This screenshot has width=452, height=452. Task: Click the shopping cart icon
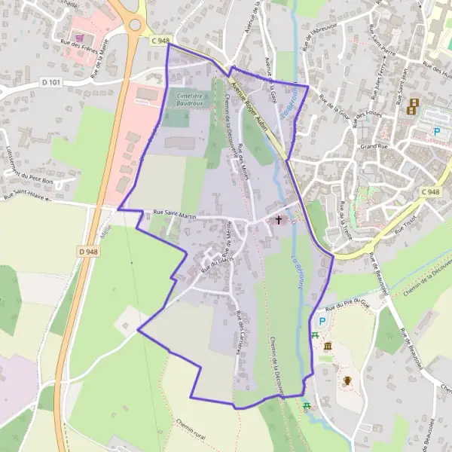(x=79, y=37)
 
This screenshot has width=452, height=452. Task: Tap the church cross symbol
(x=279, y=220)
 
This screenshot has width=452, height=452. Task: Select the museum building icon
(x=328, y=345)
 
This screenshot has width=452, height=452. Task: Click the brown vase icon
(x=347, y=380)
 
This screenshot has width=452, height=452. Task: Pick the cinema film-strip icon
(x=413, y=107)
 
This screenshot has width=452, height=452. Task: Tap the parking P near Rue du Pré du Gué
(x=322, y=322)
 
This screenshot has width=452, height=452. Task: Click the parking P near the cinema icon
(x=438, y=131)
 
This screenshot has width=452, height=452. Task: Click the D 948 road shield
(x=88, y=252)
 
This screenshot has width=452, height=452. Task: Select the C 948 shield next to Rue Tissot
(x=430, y=193)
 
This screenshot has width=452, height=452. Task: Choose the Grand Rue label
(x=373, y=146)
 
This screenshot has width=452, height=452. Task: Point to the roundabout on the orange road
(x=135, y=25)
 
